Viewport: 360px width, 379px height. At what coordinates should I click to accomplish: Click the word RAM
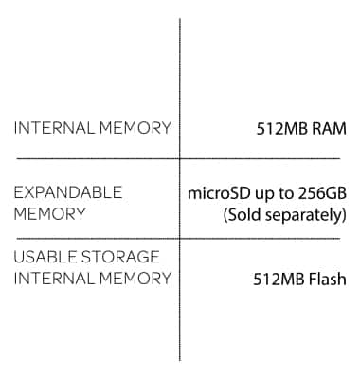pyautogui.click(x=328, y=128)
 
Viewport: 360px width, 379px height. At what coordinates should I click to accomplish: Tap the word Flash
pyautogui.click(x=325, y=280)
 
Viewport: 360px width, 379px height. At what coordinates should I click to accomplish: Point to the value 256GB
pyautogui.click(x=322, y=193)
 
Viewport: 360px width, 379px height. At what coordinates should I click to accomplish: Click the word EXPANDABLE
pyautogui.click(x=67, y=192)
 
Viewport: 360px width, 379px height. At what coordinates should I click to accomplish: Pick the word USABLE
pyautogui.click(x=42, y=257)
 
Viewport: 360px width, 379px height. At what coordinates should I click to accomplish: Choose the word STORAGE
pyautogui.click(x=118, y=257)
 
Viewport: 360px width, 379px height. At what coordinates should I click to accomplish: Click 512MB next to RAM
pyautogui.click(x=281, y=128)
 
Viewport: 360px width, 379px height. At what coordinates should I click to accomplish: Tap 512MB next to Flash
pyautogui.click(x=276, y=280)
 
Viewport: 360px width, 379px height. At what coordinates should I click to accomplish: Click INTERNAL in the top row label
pyautogui.click(x=52, y=128)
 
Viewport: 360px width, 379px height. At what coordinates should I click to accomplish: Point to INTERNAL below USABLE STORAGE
pyautogui.click(x=52, y=279)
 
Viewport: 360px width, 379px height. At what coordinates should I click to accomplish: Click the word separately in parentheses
pyautogui.click(x=306, y=215)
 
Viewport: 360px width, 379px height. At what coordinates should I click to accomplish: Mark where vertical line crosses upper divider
pyautogui.click(x=180, y=159)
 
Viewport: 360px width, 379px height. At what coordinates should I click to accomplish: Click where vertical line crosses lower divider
pyautogui.click(x=180, y=238)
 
